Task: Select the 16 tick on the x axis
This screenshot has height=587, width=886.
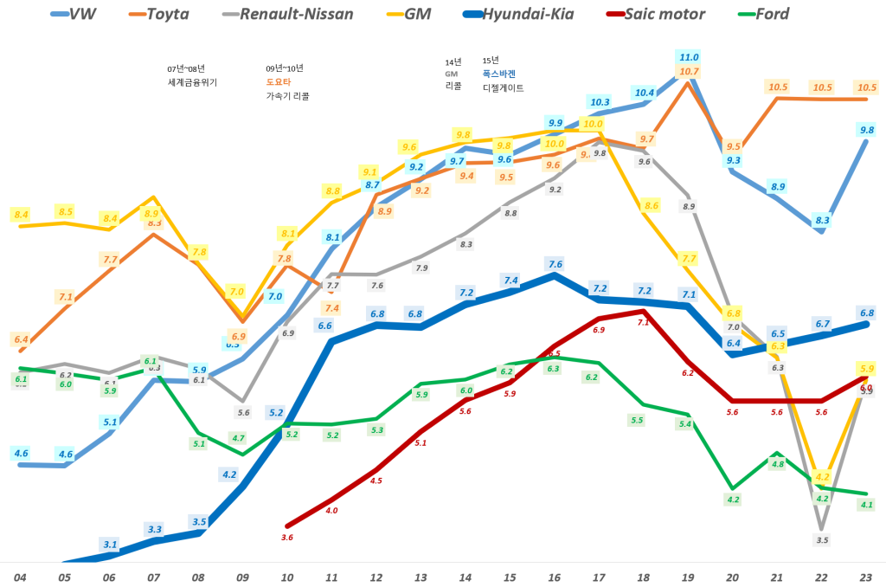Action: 555,576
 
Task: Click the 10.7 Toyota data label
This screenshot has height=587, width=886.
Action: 690,71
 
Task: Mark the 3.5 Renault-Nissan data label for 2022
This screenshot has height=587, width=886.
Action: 822,540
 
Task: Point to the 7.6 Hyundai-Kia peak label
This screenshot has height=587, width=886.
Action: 555,263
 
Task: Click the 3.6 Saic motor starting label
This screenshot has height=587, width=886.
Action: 287,538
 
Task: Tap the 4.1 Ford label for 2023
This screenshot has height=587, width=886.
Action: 866,505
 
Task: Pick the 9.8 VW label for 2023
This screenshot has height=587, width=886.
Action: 866,130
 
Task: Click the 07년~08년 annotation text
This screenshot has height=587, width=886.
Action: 186,68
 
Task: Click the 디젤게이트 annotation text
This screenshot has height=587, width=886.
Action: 504,87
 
